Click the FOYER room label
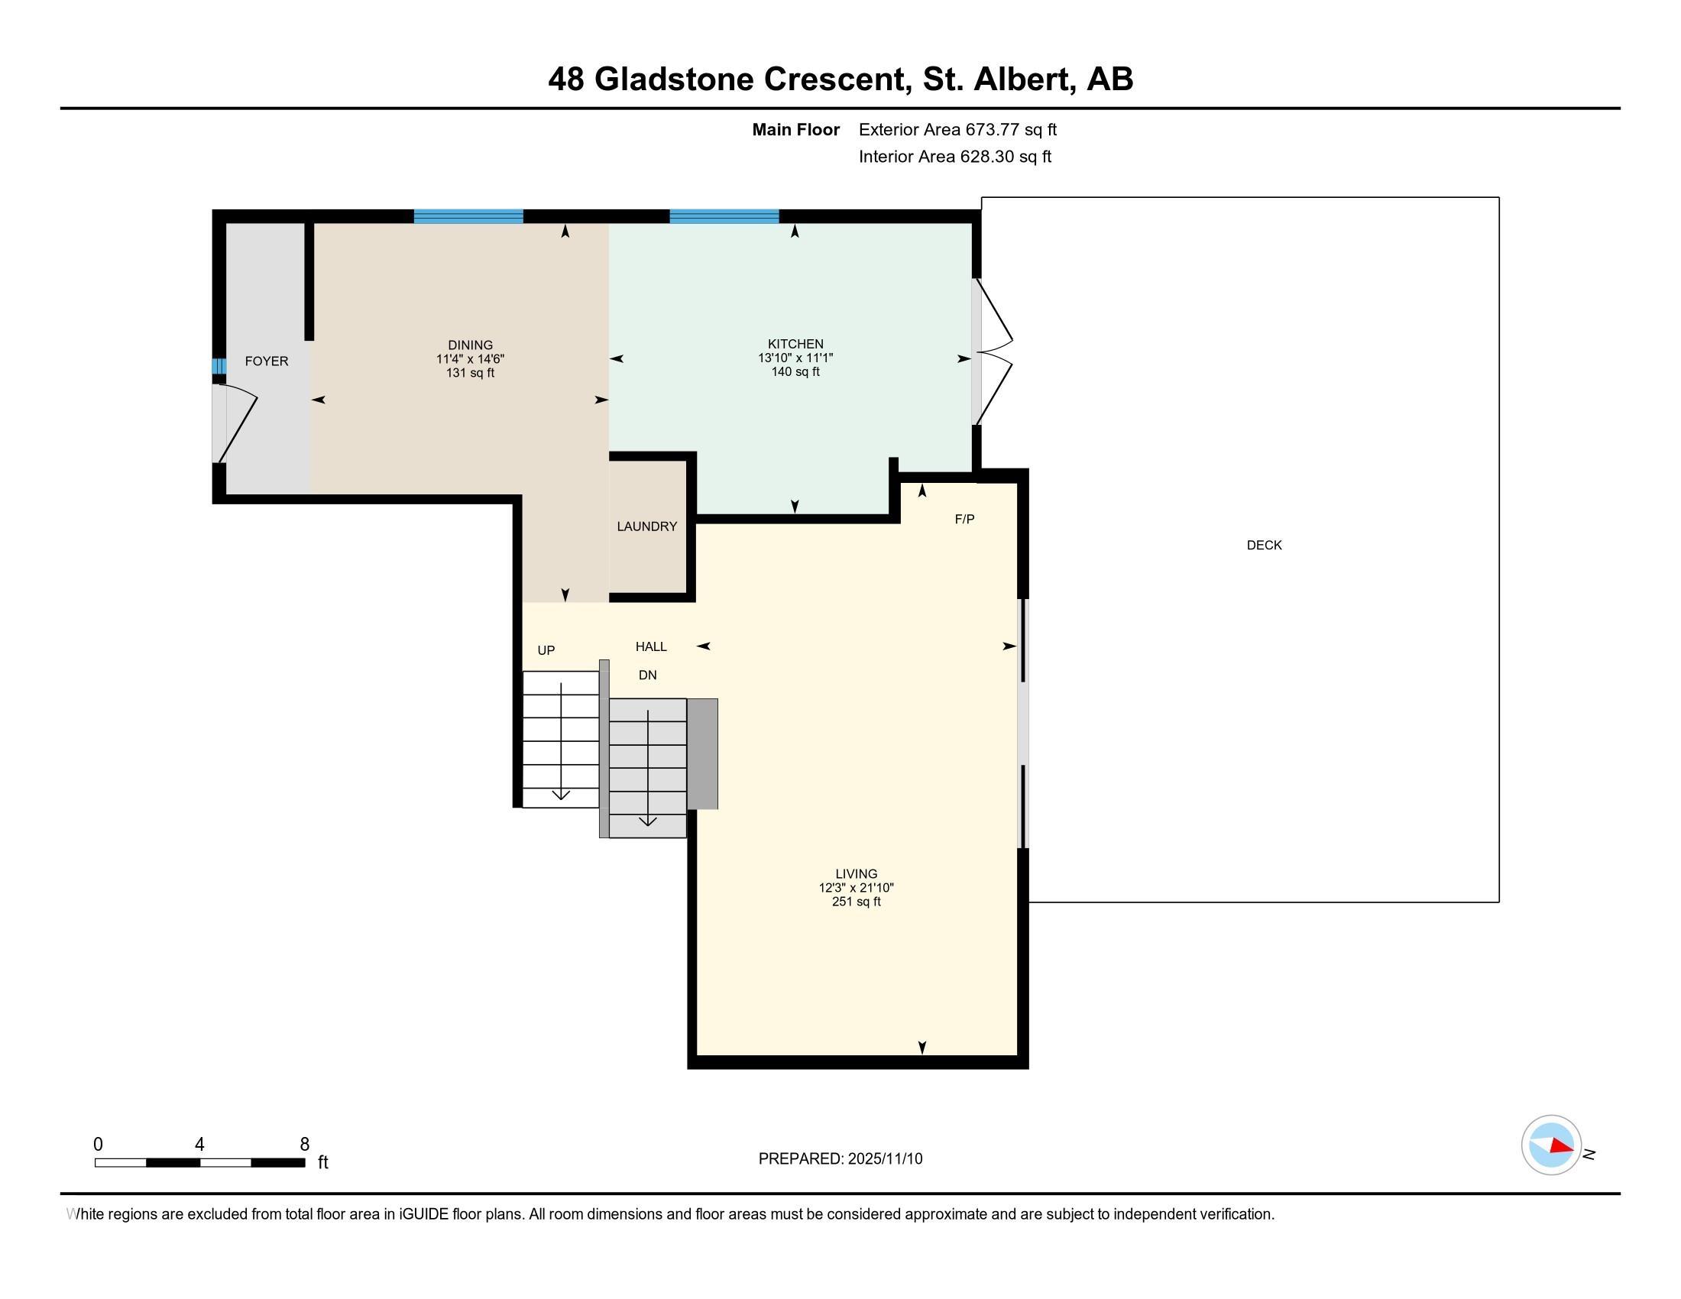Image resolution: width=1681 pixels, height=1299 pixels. tap(267, 361)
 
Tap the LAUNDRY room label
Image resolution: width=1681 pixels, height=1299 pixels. tap(646, 526)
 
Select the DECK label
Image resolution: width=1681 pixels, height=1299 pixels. tap(1264, 545)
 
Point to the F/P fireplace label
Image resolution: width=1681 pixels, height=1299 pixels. tap(964, 519)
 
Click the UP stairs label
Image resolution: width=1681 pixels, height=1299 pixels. tap(546, 650)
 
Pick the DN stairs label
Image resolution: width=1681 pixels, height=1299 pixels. tap(647, 675)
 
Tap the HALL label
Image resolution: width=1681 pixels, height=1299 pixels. tap(651, 646)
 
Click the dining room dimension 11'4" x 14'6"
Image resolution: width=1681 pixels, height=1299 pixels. tap(470, 358)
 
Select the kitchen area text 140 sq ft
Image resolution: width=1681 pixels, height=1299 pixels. tap(795, 371)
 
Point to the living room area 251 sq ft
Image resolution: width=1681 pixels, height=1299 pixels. tap(856, 901)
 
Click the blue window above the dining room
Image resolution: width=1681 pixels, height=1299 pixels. tap(468, 216)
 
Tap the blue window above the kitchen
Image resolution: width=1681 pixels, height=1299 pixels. tap(724, 216)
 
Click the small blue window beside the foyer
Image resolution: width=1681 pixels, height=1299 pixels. tap(219, 366)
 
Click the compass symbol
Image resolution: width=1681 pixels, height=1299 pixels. tap(1551, 1145)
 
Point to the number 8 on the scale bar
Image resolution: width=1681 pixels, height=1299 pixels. tap(305, 1144)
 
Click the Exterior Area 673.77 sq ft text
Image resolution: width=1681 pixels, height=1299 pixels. tap(957, 129)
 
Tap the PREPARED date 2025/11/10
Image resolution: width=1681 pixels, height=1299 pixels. tap(885, 1158)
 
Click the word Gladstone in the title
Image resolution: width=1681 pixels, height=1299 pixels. tap(673, 79)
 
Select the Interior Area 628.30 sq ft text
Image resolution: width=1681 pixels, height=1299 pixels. tap(955, 156)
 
